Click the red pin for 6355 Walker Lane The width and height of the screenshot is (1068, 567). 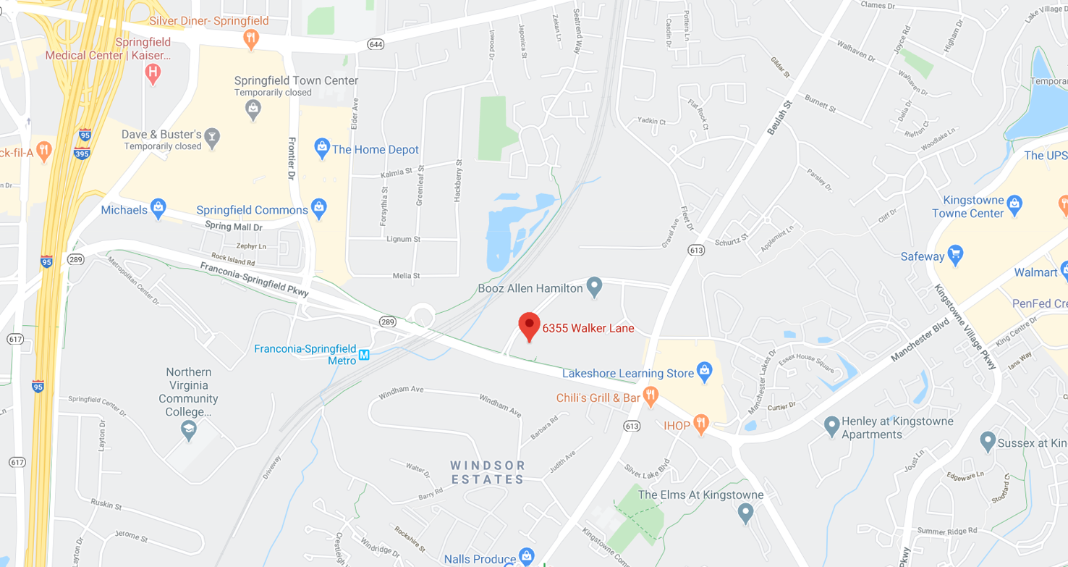(529, 326)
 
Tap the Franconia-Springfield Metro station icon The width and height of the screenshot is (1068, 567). (364, 355)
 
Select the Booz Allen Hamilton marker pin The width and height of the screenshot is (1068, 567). (594, 287)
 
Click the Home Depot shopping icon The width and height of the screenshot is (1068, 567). (322, 148)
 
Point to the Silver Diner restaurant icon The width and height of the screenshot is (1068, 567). (251, 38)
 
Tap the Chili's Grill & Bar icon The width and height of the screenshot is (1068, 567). (650, 396)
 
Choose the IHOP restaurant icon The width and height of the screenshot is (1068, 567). (700, 424)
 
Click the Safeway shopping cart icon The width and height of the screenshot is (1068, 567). (955, 255)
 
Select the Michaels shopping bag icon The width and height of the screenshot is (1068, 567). (158, 209)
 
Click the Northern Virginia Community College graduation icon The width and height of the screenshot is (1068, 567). (189, 430)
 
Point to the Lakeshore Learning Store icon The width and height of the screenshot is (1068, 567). (704, 372)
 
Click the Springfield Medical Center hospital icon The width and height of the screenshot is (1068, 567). (152, 72)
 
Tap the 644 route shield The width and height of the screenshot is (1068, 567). (376, 44)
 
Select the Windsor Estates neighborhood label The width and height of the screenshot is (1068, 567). (488, 472)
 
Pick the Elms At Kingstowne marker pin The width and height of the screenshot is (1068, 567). (745, 513)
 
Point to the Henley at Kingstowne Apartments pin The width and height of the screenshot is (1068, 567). (831, 425)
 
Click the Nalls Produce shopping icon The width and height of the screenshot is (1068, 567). (527, 556)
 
